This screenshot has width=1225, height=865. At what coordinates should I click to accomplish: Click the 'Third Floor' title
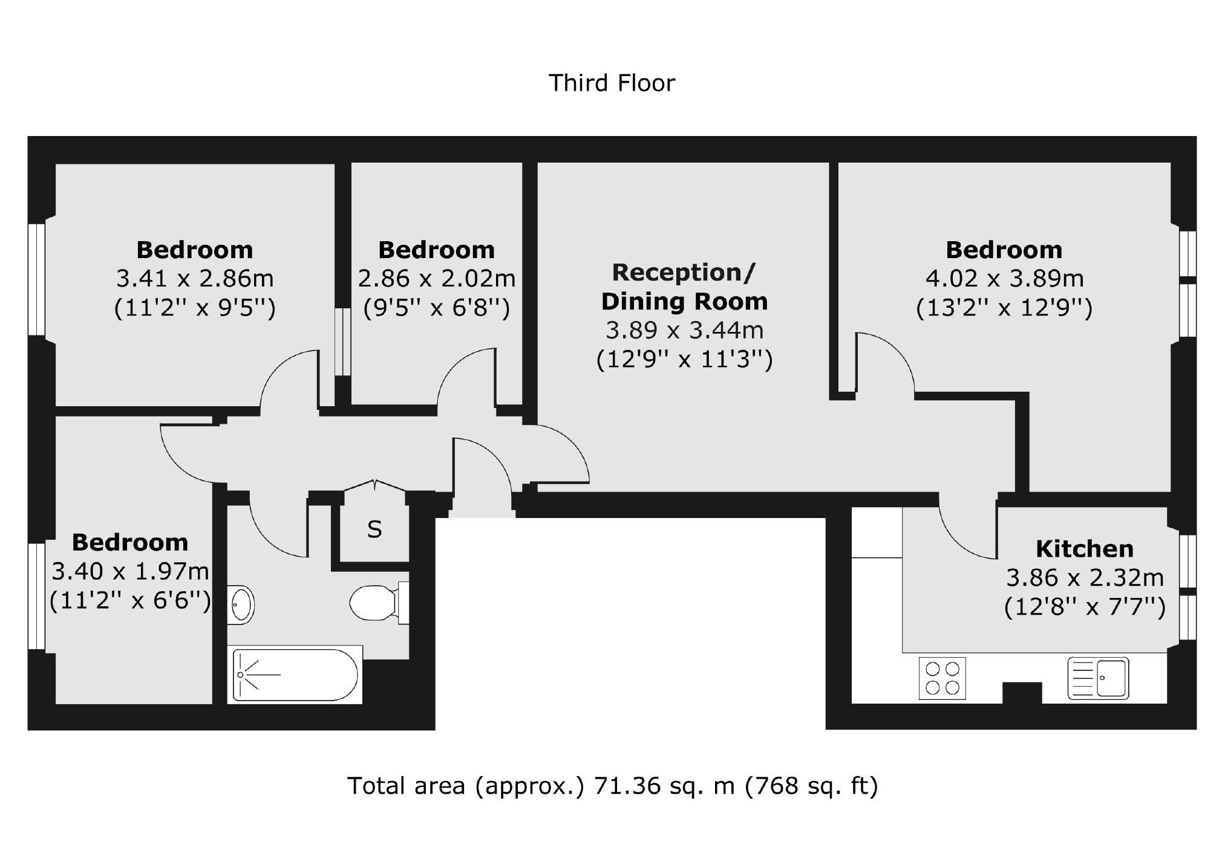click(612, 83)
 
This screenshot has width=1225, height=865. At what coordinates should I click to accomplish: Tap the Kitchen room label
click(1085, 549)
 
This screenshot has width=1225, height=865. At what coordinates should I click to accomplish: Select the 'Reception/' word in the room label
click(684, 273)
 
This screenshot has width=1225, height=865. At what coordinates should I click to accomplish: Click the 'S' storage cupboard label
click(374, 530)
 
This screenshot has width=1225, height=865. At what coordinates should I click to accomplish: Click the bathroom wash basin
click(242, 604)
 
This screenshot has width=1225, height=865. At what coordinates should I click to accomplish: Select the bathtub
click(295, 675)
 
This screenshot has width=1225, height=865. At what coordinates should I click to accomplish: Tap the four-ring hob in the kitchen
click(942, 678)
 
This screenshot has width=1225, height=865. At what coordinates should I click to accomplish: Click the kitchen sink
click(1098, 678)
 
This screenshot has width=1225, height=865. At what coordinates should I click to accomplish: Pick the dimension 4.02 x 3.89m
click(1004, 279)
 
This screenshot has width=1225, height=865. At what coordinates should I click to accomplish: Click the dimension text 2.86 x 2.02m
click(436, 279)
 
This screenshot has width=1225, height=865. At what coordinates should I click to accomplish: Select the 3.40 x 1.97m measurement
click(130, 571)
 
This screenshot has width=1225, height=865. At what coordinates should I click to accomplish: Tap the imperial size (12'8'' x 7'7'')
click(1085, 606)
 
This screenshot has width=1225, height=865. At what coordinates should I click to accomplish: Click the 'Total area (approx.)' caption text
click(466, 786)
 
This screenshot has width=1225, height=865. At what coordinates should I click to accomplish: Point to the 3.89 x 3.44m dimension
click(684, 331)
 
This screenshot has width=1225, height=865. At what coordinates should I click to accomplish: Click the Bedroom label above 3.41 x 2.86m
click(194, 250)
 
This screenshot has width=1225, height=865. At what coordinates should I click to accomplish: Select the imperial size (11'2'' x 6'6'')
click(130, 601)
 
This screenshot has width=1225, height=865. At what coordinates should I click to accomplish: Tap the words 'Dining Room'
click(684, 301)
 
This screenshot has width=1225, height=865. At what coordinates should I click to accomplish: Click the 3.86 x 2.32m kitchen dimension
click(1085, 578)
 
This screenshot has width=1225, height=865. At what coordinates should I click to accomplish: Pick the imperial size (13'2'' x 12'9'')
click(1004, 308)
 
